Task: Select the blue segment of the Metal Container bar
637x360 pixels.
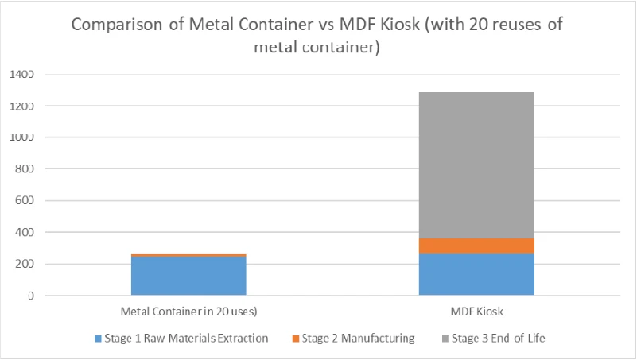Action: click(189, 276)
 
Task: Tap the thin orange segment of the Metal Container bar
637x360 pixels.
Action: click(189, 254)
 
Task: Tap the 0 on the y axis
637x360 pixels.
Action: click(32, 296)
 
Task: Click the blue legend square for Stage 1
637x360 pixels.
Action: click(98, 339)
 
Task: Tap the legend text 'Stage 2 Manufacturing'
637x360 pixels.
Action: click(358, 338)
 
